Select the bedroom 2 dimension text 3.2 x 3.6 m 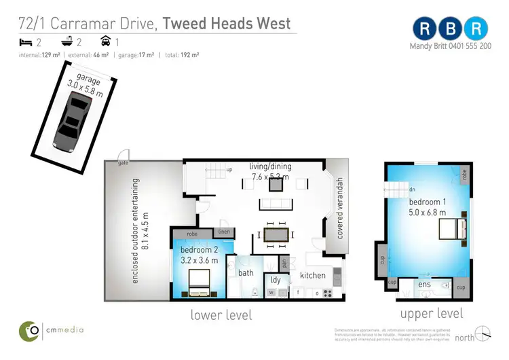click(200, 260)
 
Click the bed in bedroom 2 click(200, 284)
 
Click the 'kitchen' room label click(313, 275)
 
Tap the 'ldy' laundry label click(276, 279)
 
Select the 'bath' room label click(246, 273)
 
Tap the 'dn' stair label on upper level click(411, 190)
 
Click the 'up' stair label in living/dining click(229, 170)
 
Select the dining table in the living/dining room click(276, 234)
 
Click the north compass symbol click(483, 334)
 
